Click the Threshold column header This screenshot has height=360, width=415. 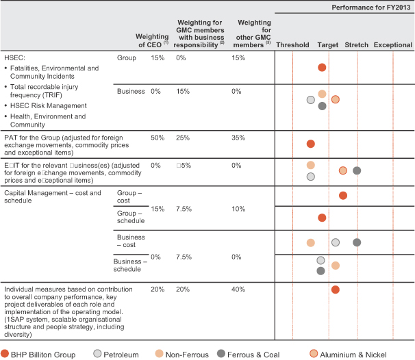pyautogui.click(x=292, y=44)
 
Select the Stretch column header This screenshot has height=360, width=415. pyautogui.click(x=356, y=44)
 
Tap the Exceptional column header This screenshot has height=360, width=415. pyautogui.click(x=393, y=44)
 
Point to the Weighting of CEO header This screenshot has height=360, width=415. pyautogui.click(x=152, y=40)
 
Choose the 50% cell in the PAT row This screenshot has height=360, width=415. pyautogui.click(x=158, y=138)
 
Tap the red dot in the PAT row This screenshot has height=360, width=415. pyautogui.click(x=311, y=144)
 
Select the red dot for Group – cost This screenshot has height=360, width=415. pyautogui.click(x=343, y=196)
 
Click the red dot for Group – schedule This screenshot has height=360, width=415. pyautogui.click(x=322, y=218)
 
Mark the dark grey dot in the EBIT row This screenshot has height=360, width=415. pyautogui.click(x=357, y=170)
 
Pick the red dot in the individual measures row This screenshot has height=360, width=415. pyautogui.click(x=336, y=290)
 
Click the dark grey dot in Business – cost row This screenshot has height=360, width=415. pyautogui.click(x=357, y=242)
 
